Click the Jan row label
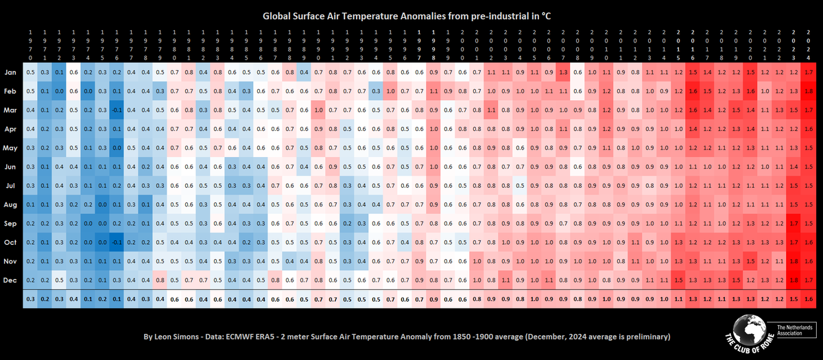pos(11,72)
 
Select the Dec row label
pos(11,280)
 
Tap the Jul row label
pos(11,185)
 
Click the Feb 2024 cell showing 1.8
pos(810,91)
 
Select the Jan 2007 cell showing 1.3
pos(564,72)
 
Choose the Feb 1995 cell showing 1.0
pos(391,91)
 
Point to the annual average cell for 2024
pos(810,299)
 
